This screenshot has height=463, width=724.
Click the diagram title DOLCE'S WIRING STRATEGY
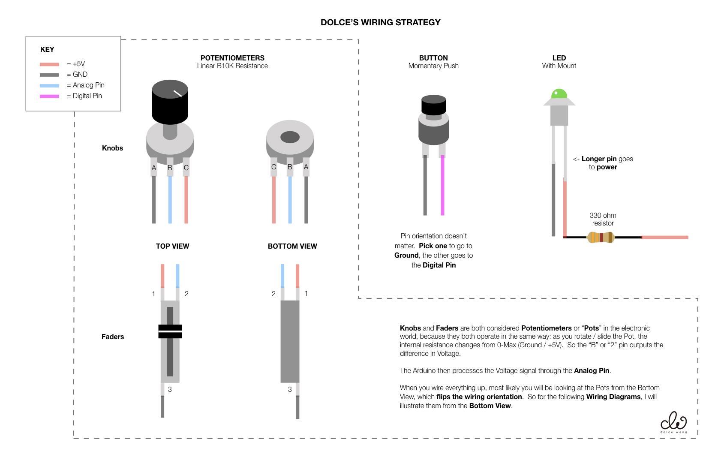[380, 22]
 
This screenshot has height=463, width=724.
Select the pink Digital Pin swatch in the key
[49, 96]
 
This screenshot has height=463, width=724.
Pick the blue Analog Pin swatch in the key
[49, 85]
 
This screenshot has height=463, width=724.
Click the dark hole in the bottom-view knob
[290, 137]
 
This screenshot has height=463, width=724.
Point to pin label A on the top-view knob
[154, 168]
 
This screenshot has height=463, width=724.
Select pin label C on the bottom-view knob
[273, 167]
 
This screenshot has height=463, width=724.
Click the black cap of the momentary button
[433, 105]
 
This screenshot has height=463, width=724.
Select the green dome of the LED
[559, 93]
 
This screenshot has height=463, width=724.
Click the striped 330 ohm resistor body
[600, 237]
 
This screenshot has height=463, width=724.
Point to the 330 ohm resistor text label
[603, 219]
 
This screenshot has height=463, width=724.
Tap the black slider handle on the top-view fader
[170, 331]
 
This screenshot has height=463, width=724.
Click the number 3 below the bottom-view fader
[290, 389]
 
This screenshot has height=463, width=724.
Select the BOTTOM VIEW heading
[292, 246]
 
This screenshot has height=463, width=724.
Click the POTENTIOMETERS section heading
[232, 58]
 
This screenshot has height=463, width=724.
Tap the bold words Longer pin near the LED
[599, 159]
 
